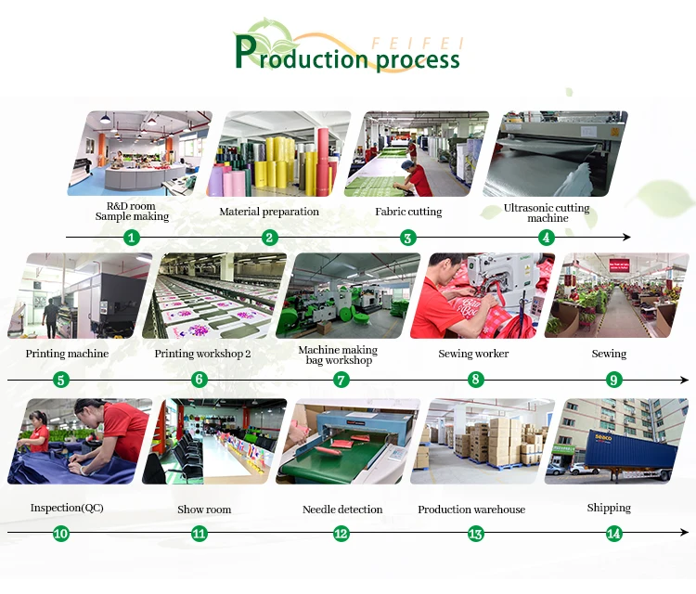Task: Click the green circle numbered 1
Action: (132, 238)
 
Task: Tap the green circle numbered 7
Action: (341, 380)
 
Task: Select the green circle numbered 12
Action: (342, 534)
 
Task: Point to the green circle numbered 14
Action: (613, 534)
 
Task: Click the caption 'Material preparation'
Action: (269, 212)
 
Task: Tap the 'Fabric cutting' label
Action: (408, 212)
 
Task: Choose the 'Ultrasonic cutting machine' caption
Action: (547, 213)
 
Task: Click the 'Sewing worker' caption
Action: (473, 354)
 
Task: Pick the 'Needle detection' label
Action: (342, 510)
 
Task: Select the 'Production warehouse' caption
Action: (471, 510)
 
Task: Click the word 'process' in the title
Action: (417, 60)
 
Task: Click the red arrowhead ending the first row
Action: (627, 238)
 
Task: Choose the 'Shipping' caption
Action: (609, 508)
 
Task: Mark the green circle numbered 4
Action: (547, 238)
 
